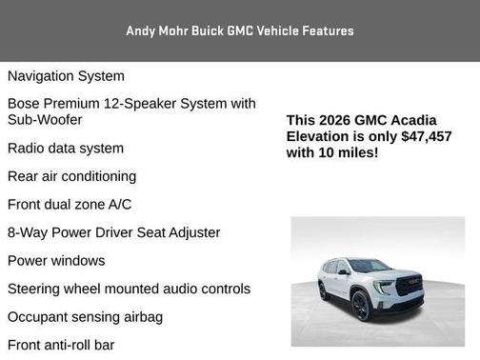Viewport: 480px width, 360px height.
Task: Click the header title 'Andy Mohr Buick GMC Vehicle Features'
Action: click(240, 30)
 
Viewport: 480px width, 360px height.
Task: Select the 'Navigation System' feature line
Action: click(66, 76)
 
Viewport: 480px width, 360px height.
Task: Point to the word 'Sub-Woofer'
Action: click(45, 120)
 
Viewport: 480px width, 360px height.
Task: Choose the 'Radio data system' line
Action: click(66, 149)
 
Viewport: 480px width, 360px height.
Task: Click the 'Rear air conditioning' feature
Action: click(71, 176)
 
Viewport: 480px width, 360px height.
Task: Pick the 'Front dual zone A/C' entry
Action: click(70, 205)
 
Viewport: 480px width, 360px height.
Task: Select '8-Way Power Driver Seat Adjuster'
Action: click(113, 232)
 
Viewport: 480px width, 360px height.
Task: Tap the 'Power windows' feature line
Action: click(56, 261)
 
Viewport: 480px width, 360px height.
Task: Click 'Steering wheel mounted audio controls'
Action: click(129, 289)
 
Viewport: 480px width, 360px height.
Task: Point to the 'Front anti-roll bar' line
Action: click(61, 345)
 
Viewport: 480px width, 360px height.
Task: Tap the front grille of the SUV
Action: click(407, 286)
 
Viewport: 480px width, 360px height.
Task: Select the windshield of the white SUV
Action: click(369, 267)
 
